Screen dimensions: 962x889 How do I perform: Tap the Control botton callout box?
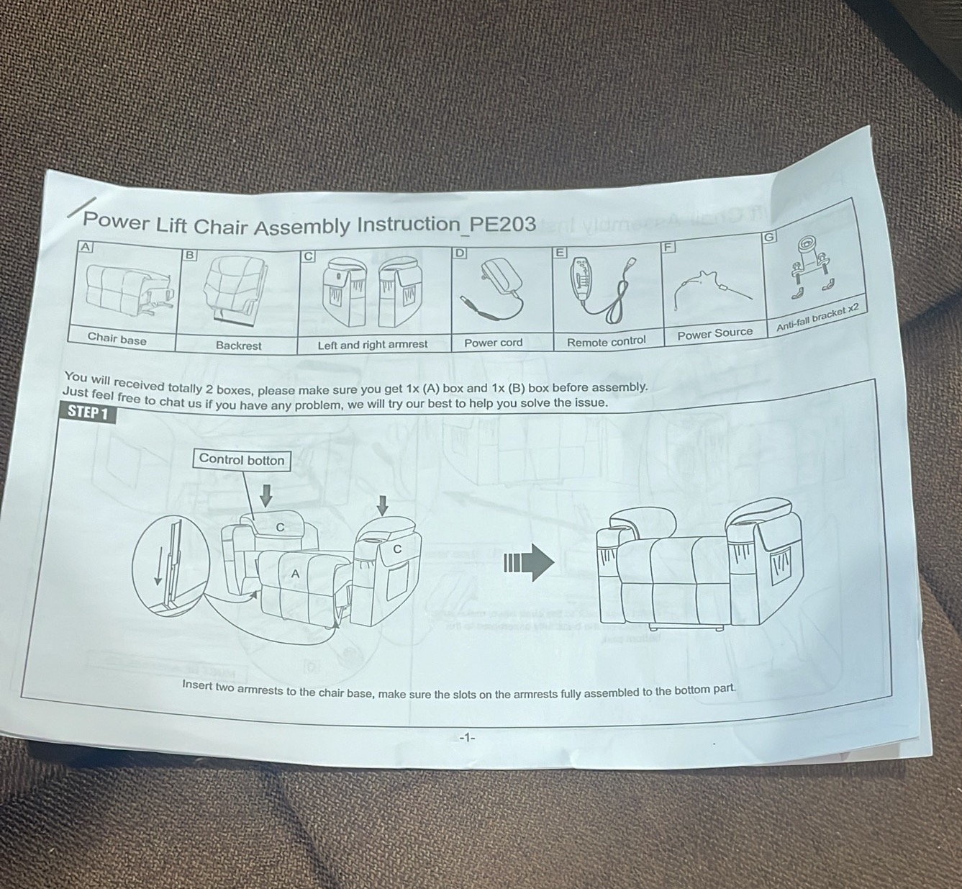[242, 459]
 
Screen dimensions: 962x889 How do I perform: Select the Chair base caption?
[117, 338]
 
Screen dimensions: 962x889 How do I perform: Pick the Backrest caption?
[238, 346]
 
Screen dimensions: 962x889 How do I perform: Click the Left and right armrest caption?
[373, 345]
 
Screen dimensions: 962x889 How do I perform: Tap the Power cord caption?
[493, 343]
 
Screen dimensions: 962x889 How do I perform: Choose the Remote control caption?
[607, 342]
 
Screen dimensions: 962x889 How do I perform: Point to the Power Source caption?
[715, 333]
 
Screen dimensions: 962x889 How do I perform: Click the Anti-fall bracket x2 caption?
[817, 317]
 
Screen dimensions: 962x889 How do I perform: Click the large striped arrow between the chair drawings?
[529, 562]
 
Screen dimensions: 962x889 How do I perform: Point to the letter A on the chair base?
[295, 574]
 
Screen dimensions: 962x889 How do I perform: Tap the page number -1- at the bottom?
[468, 738]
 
